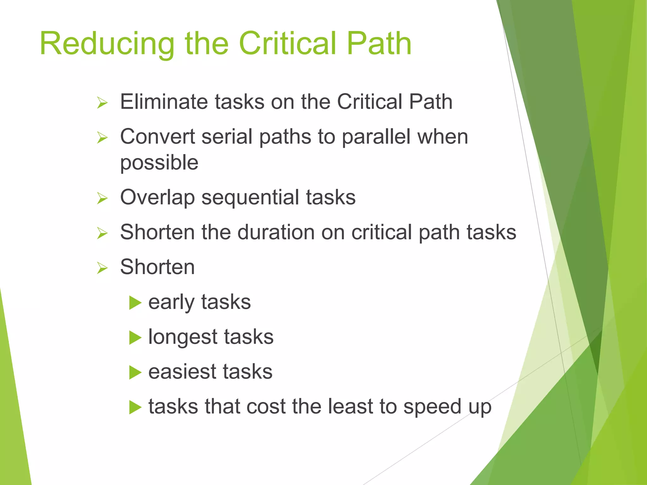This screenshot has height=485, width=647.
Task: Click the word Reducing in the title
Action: (107, 44)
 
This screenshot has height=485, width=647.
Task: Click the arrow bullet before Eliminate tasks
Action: (102, 103)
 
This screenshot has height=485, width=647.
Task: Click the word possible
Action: (159, 163)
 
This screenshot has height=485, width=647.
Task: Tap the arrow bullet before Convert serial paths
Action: (102, 138)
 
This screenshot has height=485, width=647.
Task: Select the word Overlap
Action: (157, 198)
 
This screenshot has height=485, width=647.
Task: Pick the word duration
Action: (276, 232)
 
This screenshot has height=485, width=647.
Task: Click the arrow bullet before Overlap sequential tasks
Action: (102, 199)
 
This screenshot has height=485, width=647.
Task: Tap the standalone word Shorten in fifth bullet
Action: (157, 267)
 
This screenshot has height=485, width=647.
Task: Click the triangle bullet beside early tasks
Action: (135, 303)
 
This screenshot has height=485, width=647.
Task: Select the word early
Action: (171, 302)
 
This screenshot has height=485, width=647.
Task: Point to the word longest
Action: (182, 337)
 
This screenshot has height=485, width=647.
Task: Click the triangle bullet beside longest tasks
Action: (135, 338)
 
